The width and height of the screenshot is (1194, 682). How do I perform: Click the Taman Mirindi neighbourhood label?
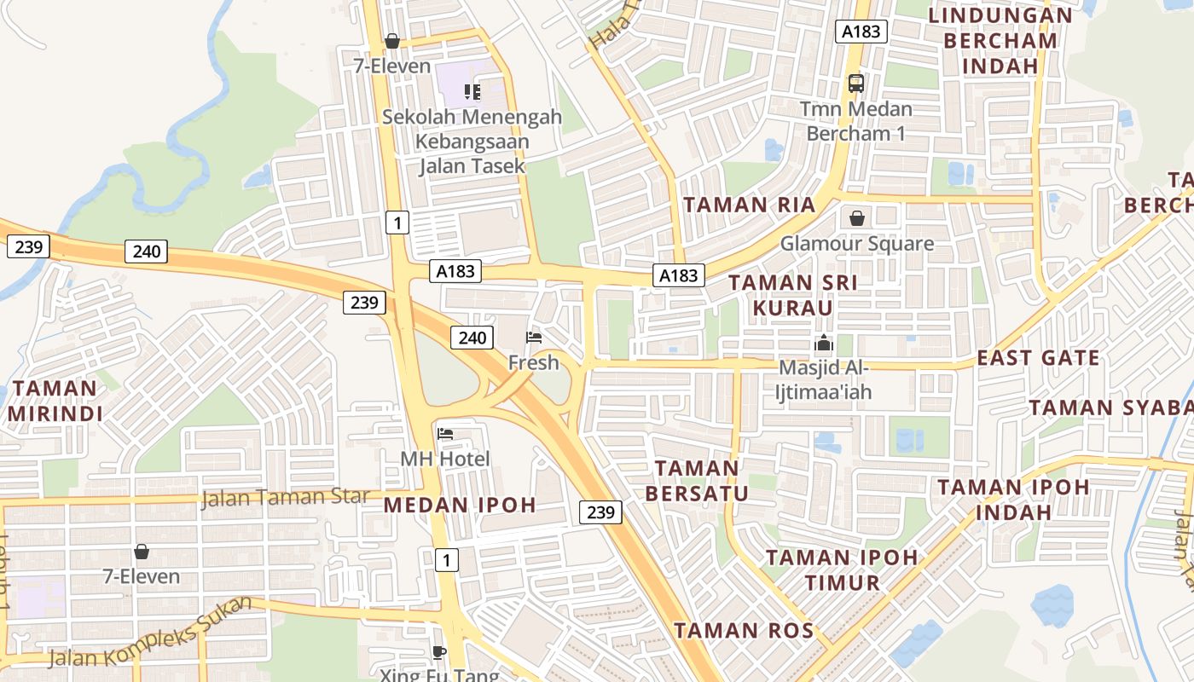[x=55, y=401]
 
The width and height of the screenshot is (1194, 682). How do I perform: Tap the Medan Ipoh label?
[x=460, y=504]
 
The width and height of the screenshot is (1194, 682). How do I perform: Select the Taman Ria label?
[x=750, y=205]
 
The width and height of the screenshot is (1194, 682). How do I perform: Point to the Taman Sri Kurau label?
[x=793, y=294]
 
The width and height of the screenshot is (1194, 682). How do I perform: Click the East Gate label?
[x=1038, y=357]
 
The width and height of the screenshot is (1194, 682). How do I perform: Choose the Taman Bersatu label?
[x=697, y=480]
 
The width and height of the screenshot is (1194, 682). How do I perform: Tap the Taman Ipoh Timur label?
[x=841, y=569]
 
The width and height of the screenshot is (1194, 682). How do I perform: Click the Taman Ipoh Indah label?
[x=1013, y=500]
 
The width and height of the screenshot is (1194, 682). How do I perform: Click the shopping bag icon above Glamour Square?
[x=857, y=218]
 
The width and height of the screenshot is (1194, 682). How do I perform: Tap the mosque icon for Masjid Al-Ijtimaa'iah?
[x=824, y=344]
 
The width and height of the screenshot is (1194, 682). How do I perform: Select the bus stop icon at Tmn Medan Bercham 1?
[x=856, y=84]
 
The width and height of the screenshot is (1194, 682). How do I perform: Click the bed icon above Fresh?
[x=534, y=338]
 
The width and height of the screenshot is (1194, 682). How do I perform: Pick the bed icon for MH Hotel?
[x=445, y=434]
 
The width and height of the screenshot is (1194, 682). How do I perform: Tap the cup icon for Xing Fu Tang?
[x=439, y=652]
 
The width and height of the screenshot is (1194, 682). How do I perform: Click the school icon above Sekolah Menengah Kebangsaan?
[x=472, y=91]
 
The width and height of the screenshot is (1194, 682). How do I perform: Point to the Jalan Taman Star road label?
[x=286, y=496]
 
